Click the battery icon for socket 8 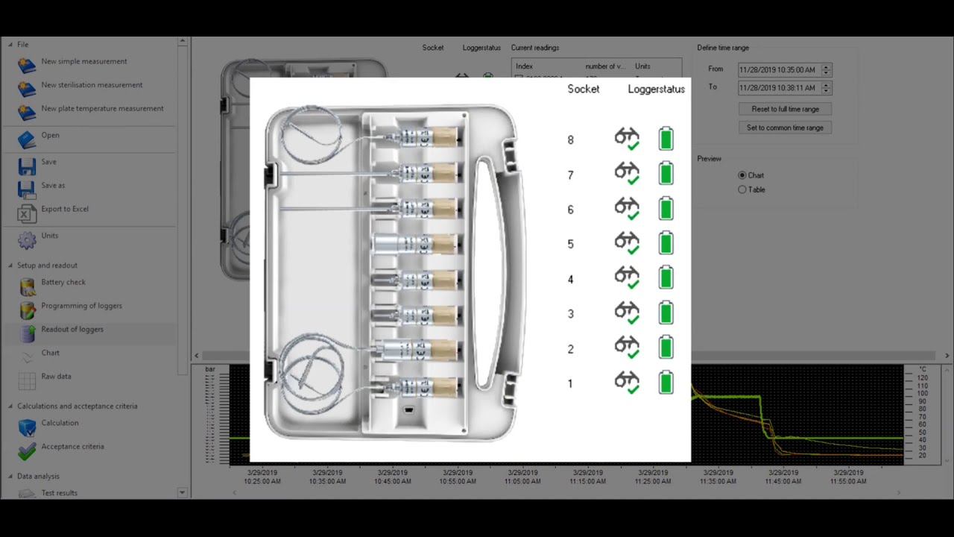(x=666, y=139)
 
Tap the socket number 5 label (x=571, y=244)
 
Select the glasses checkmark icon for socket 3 (x=627, y=313)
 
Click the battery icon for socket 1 (x=666, y=383)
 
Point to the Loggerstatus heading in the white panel (x=656, y=89)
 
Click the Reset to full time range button (x=785, y=109)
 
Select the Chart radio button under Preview (x=742, y=175)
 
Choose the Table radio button (x=742, y=189)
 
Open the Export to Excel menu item (x=65, y=210)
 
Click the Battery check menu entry (x=63, y=283)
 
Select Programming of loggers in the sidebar (x=81, y=306)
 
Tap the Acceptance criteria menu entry (x=72, y=447)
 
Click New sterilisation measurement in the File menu (x=92, y=85)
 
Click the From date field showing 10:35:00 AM (x=779, y=70)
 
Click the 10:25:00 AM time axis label (x=262, y=477)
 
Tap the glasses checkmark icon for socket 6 (x=627, y=208)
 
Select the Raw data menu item (x=56, y=377)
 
